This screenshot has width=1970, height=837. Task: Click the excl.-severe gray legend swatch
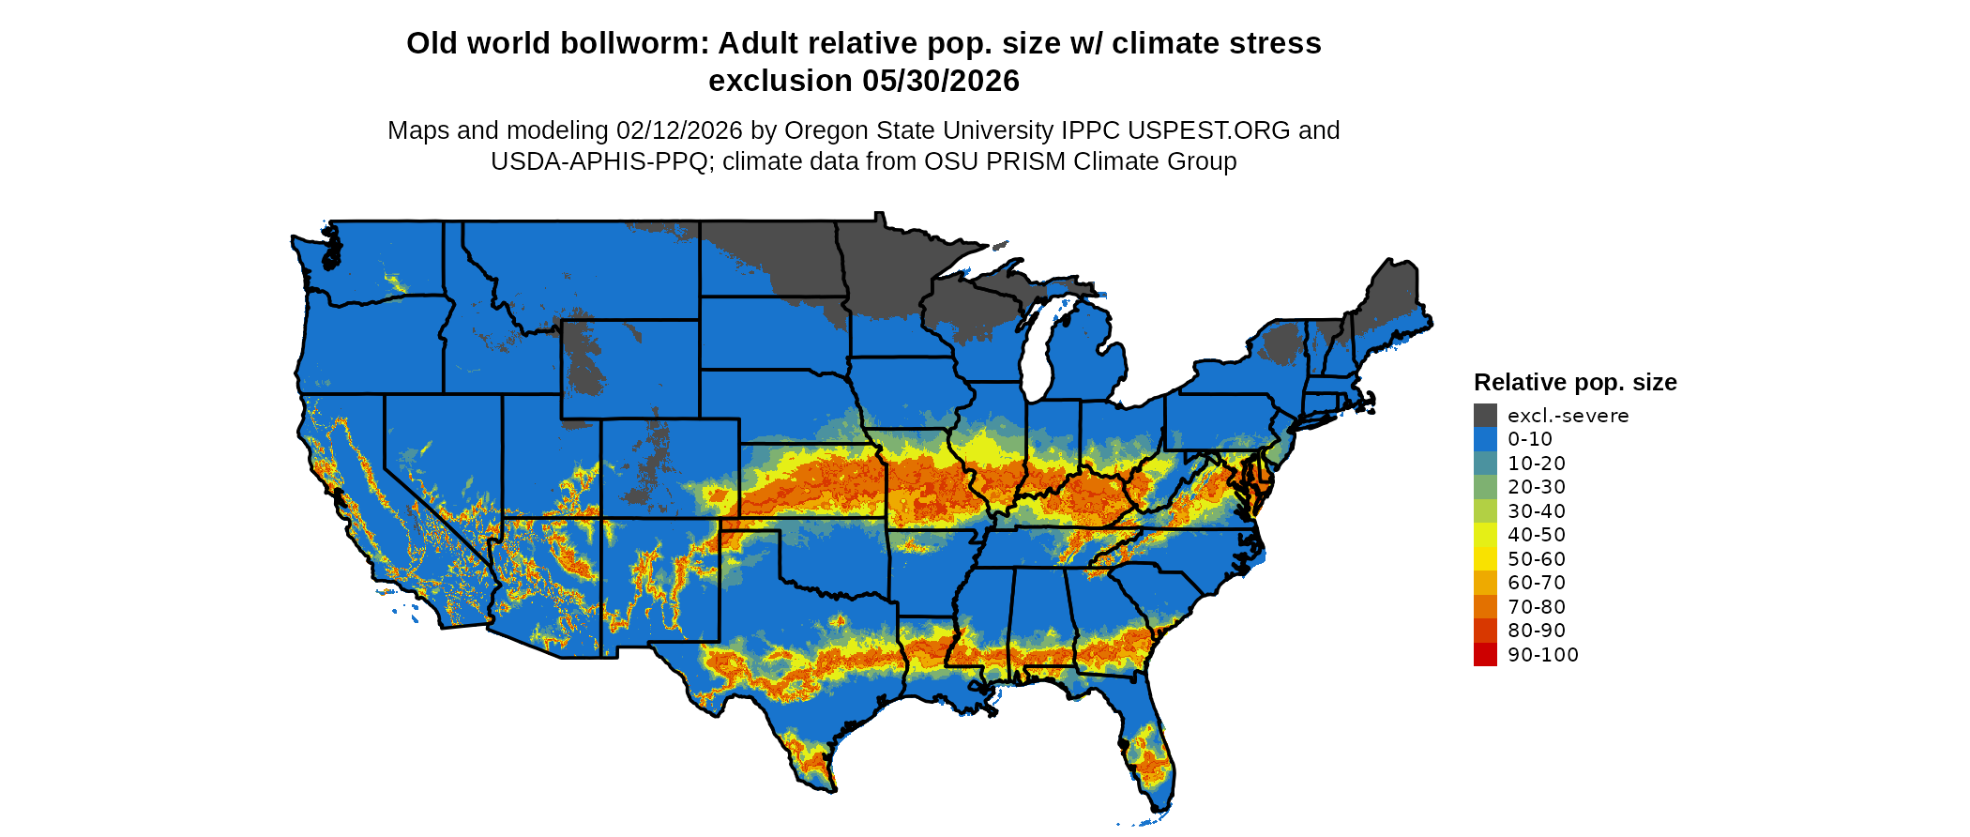pos(1485,416)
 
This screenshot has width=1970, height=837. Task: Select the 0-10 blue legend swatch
pos(1485,439)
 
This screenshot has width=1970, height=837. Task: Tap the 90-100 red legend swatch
pos(1485,655)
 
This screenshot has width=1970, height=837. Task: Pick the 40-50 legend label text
pos(1537,535)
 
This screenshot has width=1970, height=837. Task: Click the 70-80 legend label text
pos(1537,607)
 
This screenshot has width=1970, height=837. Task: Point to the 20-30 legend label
pos(1537,487)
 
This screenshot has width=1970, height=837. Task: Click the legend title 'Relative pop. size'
pos(1575,383)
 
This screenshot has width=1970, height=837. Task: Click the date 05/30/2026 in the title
pos(941,82)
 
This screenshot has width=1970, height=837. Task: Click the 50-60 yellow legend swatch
pos(1485,559)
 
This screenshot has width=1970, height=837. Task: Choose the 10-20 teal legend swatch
pos(1485,464)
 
